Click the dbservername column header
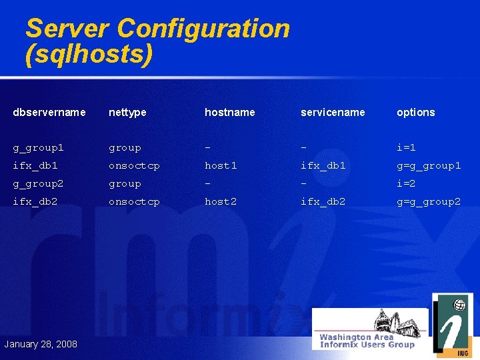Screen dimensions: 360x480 (49, 113)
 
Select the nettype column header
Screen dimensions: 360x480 (127, 113)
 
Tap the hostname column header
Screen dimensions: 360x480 (229, 113)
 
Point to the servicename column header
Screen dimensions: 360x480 (333, 113)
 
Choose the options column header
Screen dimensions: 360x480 (415, 113)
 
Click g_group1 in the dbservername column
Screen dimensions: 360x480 (38, 147)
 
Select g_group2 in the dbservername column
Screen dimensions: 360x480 (38, 183)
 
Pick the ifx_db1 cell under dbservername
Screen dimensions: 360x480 (35, 165)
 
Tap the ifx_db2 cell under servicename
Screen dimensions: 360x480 (323, 201)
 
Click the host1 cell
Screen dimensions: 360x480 (221, 165)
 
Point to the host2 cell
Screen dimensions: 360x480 (221, 201)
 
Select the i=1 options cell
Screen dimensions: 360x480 (406, 147)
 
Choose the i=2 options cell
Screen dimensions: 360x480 (406, 183)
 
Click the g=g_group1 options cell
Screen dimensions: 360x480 (429, 165)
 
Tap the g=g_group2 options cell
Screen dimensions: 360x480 (429, 201)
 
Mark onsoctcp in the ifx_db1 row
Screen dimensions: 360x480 (134, 165)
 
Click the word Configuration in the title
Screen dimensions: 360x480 (203, 29)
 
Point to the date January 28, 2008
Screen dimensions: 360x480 (41, 344)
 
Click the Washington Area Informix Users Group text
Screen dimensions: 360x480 (367, 341)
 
